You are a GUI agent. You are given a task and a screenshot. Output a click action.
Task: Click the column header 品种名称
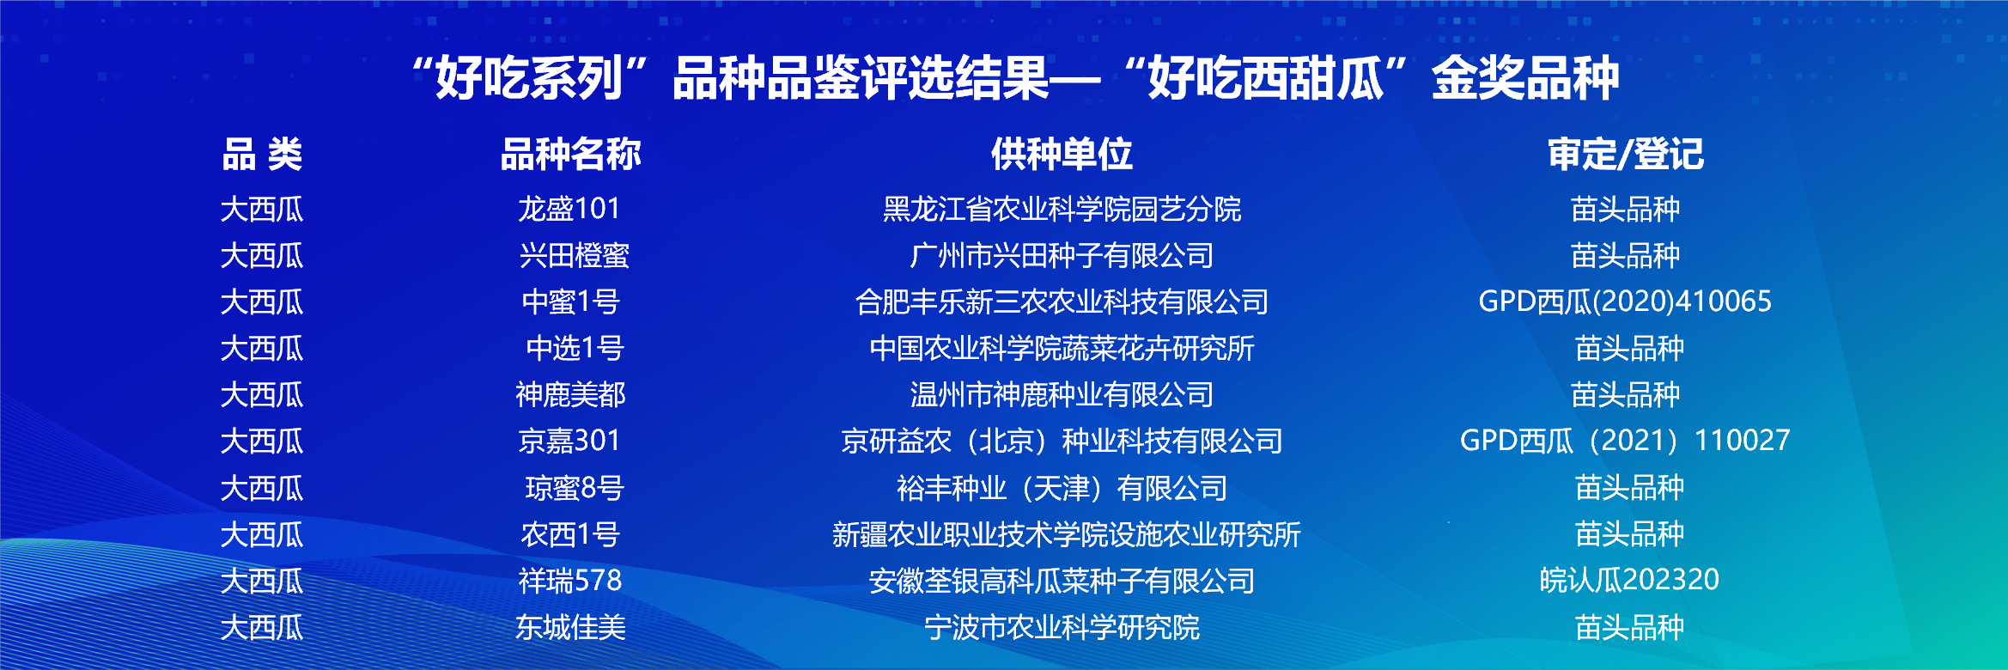570,155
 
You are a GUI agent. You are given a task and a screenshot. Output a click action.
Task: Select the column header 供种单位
1062,155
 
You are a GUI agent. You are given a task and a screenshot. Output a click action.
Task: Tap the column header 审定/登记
1625,155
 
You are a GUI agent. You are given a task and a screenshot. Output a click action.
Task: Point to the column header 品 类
262,155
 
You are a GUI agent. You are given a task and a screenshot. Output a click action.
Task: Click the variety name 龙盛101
569,209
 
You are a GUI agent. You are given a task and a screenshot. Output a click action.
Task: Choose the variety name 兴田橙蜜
574,255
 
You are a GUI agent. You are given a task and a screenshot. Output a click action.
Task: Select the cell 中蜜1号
570,301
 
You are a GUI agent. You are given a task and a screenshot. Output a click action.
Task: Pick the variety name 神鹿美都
570,394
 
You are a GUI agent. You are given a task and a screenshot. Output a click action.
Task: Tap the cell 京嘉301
569,441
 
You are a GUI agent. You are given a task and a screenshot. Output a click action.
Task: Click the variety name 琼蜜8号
574,488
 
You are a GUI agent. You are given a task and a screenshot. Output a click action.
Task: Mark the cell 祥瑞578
570,581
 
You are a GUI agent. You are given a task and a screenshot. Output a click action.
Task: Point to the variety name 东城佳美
570,627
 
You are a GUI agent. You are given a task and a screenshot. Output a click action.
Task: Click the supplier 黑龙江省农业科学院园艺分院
1062,209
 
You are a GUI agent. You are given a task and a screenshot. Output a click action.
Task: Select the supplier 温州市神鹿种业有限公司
1062,394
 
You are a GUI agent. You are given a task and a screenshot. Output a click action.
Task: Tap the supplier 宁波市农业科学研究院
1062,627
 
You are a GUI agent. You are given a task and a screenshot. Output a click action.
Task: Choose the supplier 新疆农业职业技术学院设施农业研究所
1066,534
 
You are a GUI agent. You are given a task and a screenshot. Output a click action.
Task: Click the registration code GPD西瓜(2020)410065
1625,301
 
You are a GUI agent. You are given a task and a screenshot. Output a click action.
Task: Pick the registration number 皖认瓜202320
1629,581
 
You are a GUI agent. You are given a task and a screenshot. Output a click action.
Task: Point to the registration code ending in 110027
1625,441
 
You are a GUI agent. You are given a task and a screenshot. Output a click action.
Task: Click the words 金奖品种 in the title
1525,78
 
